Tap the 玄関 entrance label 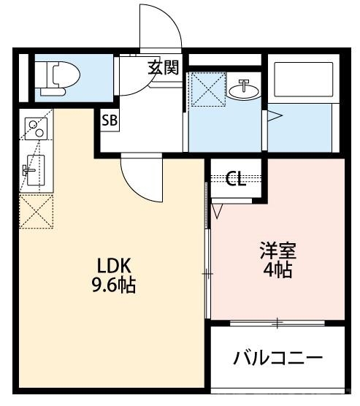click(x=163, y=68)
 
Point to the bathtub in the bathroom click(x=302, y=80)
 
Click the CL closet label click(x=235, y=178)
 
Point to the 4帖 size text click(x=277, y=271)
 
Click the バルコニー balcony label click(x=278, y=358)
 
